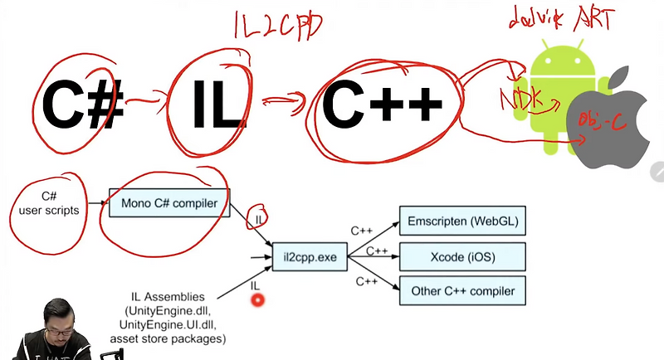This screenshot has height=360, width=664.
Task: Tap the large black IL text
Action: tap(213, 105)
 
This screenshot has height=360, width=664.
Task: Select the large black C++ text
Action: tap(382, 105)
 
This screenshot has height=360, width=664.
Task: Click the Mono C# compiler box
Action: tap(169, 202)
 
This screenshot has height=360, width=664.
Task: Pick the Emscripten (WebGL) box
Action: tap(462, 222)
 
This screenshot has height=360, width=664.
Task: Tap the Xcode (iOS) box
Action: tap(462, 257)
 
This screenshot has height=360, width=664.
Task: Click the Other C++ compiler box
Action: tap(462, 291)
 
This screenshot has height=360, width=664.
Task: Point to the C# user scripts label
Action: tap(47, 204)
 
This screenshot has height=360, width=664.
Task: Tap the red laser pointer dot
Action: tap(257, 299)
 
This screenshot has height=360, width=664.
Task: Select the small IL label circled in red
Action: tap(258, 217)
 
